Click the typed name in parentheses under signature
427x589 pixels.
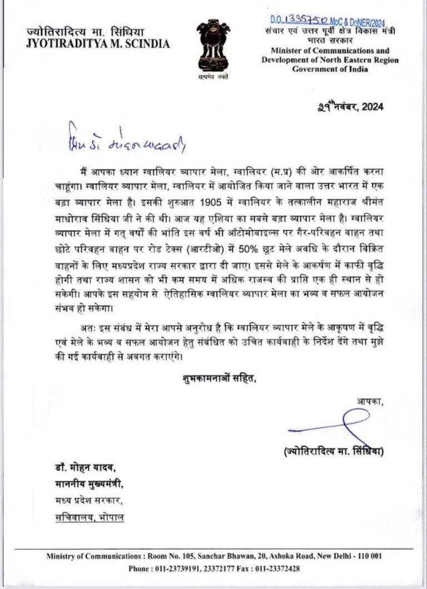332,452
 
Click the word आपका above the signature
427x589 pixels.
369,401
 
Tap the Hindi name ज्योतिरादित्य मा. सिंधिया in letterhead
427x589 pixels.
82,32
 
